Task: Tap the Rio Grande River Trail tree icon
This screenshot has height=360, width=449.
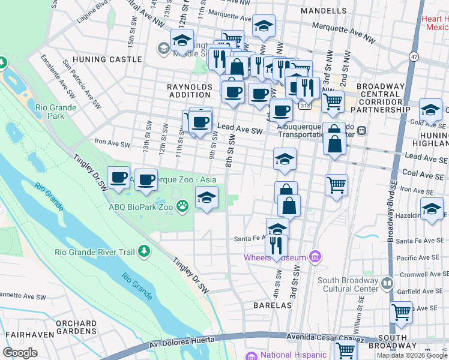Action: pos(143,251)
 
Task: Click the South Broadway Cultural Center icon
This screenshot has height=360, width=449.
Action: pos(388,282)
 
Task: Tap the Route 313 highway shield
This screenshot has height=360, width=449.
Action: pos(306,105)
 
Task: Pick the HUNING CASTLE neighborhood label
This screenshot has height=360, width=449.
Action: pos(106,59)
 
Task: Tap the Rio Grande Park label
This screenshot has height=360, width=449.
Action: pos(49,111)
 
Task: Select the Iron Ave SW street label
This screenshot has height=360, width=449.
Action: pos(112,142)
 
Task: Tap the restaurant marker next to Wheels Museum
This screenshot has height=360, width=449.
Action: pos(276,245)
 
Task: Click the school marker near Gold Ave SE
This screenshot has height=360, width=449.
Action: pos(430,110)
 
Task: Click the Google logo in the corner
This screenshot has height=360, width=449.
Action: pos(20,353)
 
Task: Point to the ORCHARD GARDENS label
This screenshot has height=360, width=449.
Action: pos(76,327)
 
